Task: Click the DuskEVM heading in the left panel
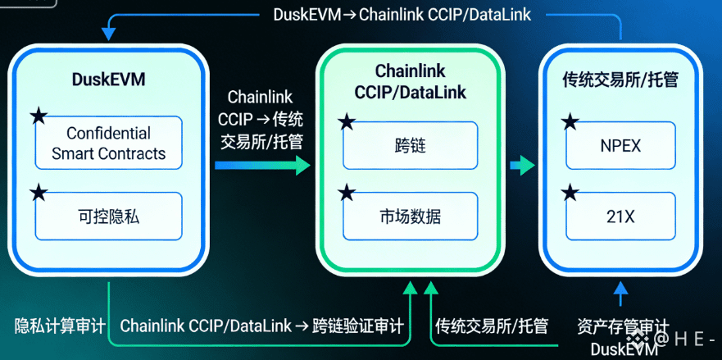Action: tap(108, 80)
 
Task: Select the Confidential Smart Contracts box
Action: tap(108, 143)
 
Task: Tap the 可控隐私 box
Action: tap(108, 216)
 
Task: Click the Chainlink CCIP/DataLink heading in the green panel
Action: tap(410, 82)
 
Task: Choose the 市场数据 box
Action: tap(410, 216)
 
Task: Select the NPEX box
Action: tap(620, 146)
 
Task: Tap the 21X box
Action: tap(620, 216)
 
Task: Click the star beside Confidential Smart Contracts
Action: tap(38, 116)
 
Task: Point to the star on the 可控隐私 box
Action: tap(38, 194)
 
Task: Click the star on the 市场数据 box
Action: tap(347, 194)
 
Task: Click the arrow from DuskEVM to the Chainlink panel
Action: tap(262, 166)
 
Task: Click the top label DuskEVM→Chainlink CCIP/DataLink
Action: tap(402, 15)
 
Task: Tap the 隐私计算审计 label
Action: tap(60, 326)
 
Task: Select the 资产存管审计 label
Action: tap(623, 326)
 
